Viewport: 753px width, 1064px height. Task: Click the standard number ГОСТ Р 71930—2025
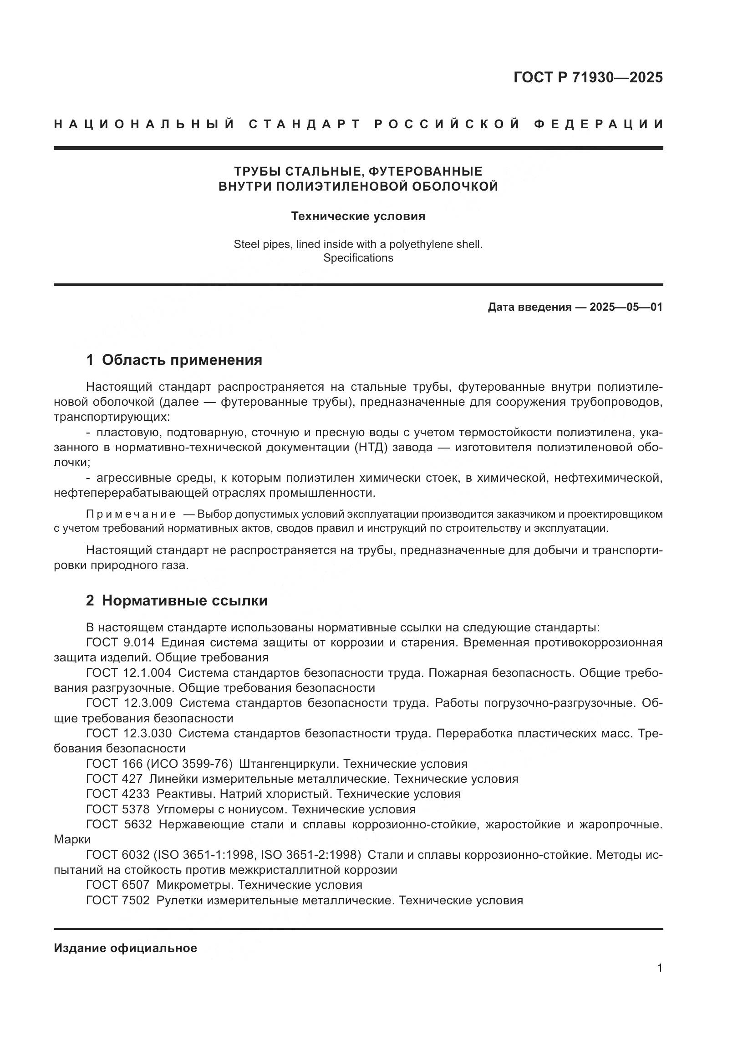(x=588, y=77)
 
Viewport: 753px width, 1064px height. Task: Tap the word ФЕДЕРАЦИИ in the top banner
(x=598, y=124)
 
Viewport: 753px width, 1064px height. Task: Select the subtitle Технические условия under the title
(x=358, y=217)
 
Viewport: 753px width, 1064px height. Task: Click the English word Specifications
(x=358, y=258)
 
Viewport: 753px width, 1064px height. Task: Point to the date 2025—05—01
(x=626, y=307)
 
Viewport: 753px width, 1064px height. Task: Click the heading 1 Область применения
(x=174, y=360)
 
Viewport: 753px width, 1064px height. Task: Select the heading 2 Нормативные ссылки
(x=177, y=600)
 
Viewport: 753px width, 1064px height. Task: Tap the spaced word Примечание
(x=131, y=514)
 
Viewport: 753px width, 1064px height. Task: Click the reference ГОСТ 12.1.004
(x=128, y=673)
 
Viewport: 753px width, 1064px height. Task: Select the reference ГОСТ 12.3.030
(x=129, y=733)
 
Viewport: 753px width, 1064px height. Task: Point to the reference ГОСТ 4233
(x=118, y=794)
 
